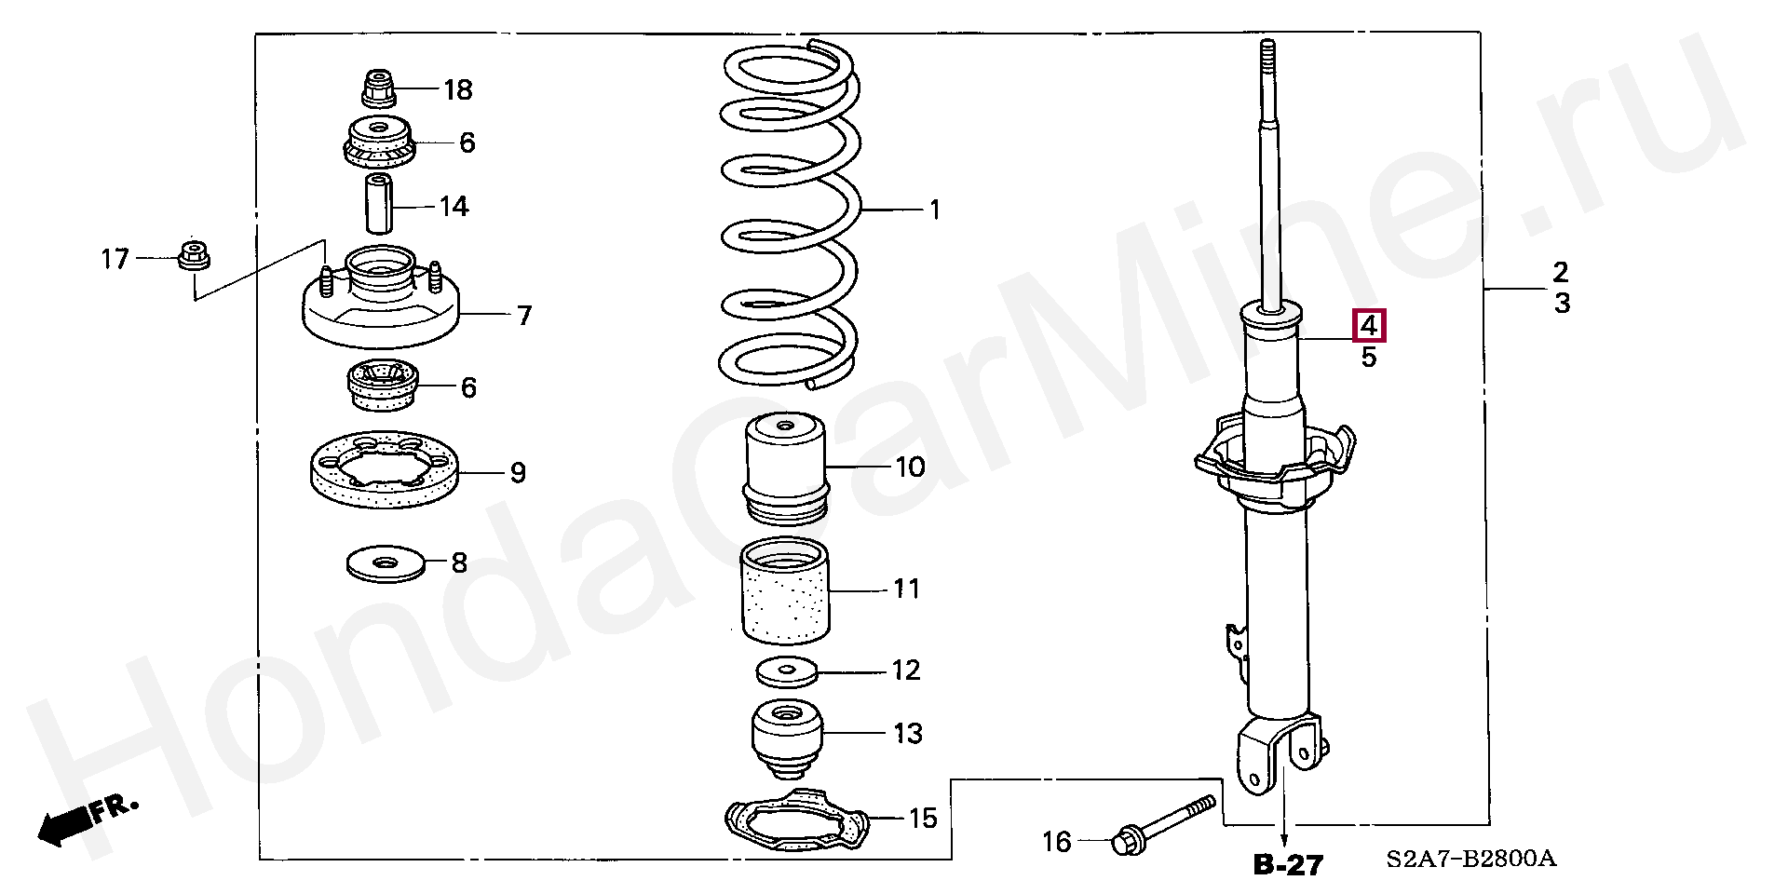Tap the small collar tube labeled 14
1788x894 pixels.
click(x=378, y=203)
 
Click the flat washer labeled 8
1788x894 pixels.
click(x=384, y=563)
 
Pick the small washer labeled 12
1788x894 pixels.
click(x=787, y=670)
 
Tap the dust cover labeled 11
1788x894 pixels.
click(x=785, y=591)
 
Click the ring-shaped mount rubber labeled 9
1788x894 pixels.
click(x=383, y=473)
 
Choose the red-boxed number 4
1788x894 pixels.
click(x=1369, y=326)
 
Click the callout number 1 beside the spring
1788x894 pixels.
click(x=934, y=210)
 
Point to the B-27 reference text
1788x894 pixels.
click(x=1288, y=865)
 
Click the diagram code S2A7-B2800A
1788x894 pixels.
click(x=1470, y=859)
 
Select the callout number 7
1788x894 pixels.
click(x=524, y=316)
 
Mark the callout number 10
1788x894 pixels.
click(x=910, y=467)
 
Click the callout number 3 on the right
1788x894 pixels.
click(x=1562, y=303)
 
